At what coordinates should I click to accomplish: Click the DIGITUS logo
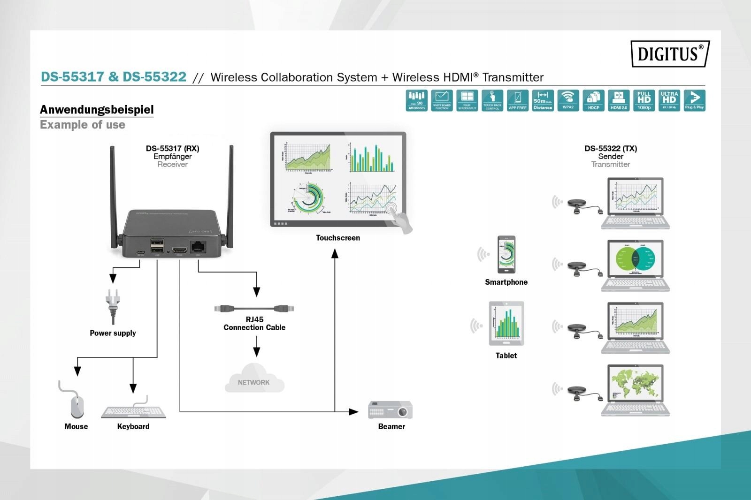[670, 53]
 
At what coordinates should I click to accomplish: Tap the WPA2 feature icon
[568, 100]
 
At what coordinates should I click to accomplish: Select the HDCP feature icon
[593, 100]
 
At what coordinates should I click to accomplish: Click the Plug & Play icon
[694, 100]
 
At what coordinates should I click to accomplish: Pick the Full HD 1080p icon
[644, 100]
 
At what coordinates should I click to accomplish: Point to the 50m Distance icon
[543, 100]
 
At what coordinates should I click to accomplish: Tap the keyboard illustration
[134, 411]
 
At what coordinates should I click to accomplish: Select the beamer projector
[391, 409]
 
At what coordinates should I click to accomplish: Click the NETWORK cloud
[254, 379]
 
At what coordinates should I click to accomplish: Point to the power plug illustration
[113, 305]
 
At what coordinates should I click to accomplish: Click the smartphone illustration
[506, 254]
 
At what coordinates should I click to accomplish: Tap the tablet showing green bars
[506, 323]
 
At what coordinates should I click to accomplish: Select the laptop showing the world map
[636, 390]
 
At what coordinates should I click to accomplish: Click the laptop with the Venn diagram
[636, 265]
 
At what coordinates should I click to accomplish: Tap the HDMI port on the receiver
[179, 250]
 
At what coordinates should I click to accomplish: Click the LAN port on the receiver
[198, 247]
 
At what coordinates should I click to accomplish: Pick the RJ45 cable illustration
[254, 309]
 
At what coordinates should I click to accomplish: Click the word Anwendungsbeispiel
[97, 110]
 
